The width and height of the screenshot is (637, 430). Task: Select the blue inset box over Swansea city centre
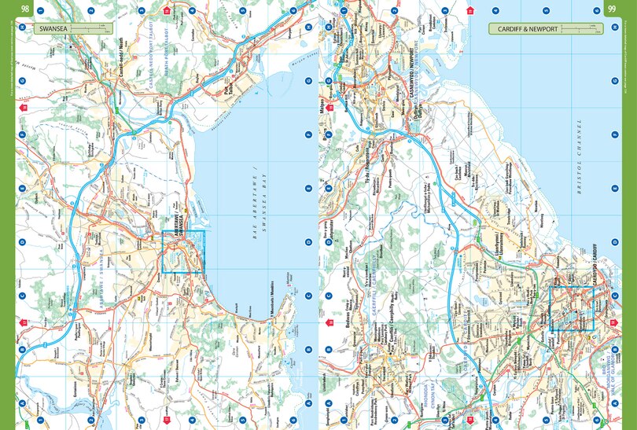tap(183, 252)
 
